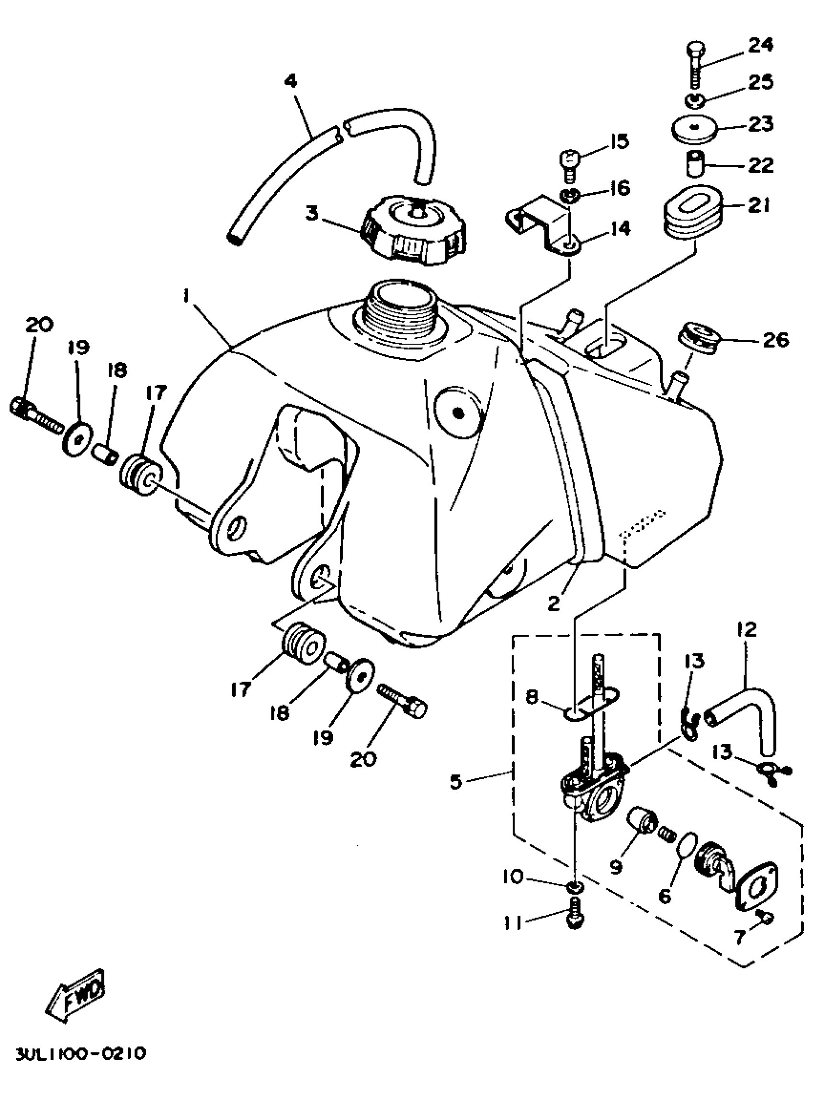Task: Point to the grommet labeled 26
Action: [x=699, y=339]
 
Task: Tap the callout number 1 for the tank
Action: [x=185, y=296]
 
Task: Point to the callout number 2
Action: [x=554, y=604]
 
